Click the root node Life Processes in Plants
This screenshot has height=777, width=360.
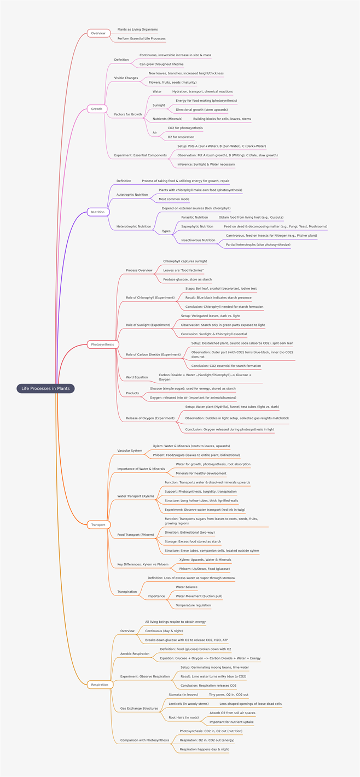(45, 388)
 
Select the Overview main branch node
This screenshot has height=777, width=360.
(98, 33)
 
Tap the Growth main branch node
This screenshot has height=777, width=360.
(96, 109)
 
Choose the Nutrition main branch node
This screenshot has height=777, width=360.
(98, 212)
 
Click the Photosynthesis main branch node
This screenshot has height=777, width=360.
(103, 344)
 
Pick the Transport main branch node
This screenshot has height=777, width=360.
(98, 525)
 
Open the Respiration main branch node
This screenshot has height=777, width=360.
(100, 685)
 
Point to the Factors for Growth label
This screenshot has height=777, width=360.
(128, 114)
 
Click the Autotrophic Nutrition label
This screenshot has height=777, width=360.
(132, 195)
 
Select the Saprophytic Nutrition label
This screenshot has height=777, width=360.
(198, 226)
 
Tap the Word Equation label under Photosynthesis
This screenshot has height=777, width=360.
(137, 377)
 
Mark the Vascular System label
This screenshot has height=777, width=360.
(130, 451)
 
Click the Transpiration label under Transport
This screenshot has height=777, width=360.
(127, 592)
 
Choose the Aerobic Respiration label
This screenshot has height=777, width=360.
(135, 654)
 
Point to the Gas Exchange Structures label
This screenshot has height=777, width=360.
(139, 709)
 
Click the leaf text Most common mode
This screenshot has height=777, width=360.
(174, 199)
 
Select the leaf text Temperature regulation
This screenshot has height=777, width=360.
(193, 605)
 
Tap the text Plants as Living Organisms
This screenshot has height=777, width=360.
(137, 30)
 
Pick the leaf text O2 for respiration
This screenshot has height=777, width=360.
(181, 137)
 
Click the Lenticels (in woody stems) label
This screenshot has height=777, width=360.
(189, 704)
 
